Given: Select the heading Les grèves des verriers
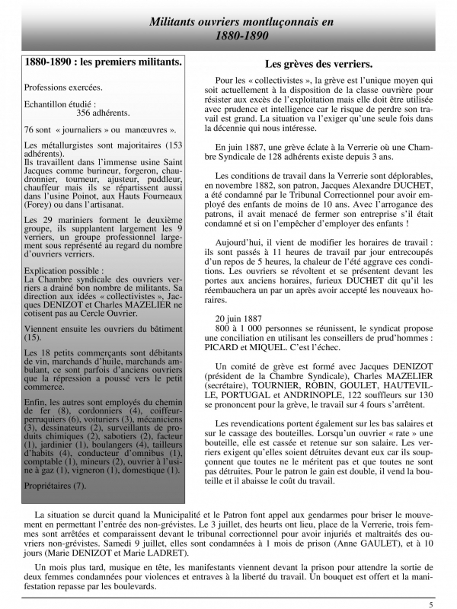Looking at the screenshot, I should (318, 65).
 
